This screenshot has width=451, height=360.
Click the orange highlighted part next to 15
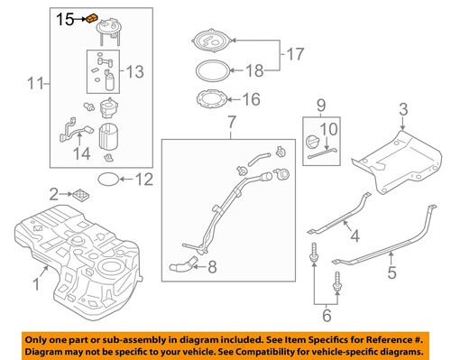[x=91, y=18]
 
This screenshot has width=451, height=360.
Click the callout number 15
[x=67, y=17]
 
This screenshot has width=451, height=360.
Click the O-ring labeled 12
[x=107, y=180]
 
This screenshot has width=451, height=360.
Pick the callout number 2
[x=54, y=193]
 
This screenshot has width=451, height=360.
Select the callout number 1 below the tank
[x=36, y=285]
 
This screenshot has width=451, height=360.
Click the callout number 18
[x=254, y=69]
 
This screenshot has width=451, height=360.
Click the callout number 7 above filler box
[x=231, y=121]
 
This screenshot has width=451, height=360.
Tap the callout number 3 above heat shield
[x=404, y=110]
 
